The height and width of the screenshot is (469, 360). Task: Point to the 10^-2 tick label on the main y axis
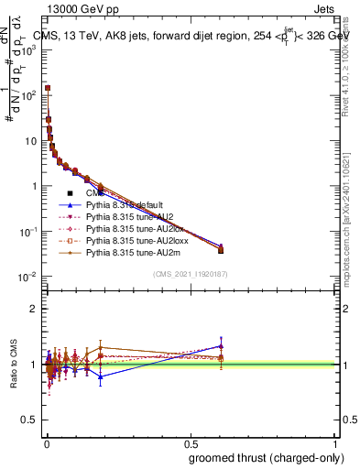[27, 277]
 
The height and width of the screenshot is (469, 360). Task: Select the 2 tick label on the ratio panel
[34, 309]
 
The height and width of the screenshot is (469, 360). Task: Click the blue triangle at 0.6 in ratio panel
[221, 346]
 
